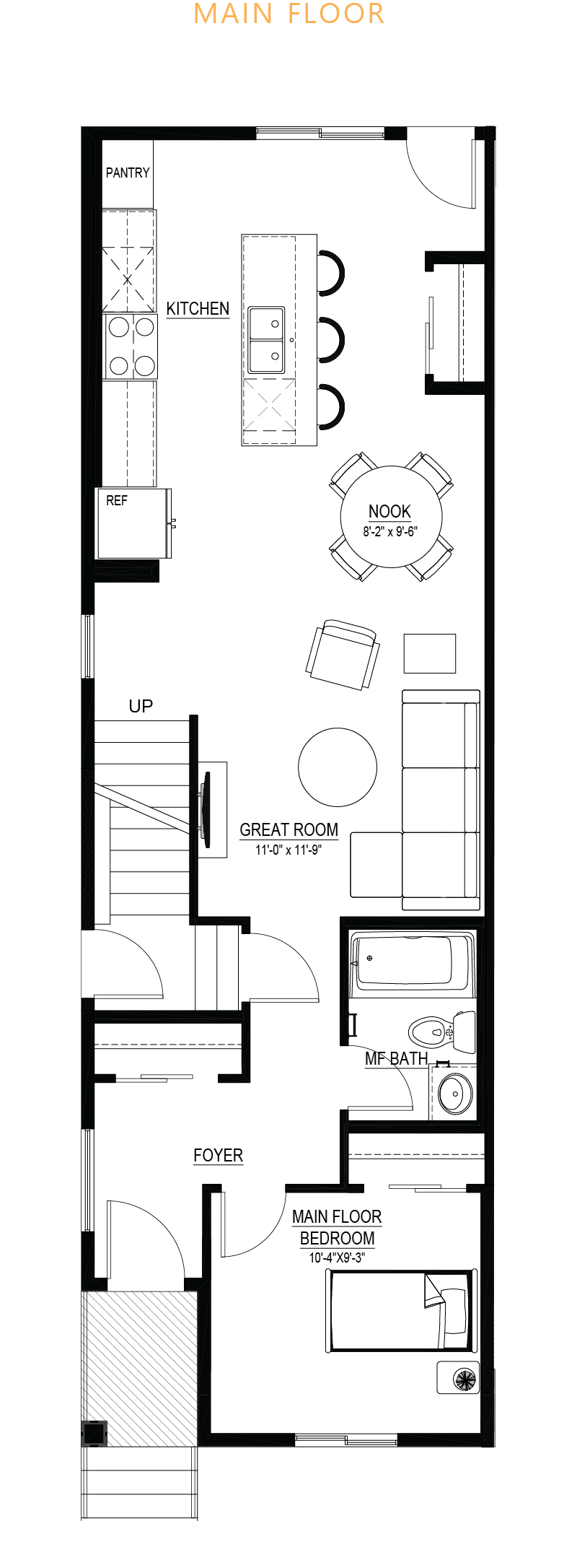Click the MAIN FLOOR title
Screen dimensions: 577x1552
[x=289, y=14]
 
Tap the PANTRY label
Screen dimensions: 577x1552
[x=128, y=173]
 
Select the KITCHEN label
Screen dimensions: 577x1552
[x=198, y=308]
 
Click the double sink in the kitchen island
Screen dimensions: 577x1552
[x=266, y=340]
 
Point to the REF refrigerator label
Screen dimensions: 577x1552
[x=117, y=500]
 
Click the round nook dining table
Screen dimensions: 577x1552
[x=391, y=517]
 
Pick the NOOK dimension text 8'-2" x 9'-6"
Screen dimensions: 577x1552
[x=390, y=532]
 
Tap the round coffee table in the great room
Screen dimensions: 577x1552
[x=338, y=767]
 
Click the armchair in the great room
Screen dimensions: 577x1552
[x=343, y=654]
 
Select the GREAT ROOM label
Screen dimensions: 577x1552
[x=288, y=830]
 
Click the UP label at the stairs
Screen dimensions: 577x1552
[x=141, y=706]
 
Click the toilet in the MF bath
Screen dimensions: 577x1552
[x=442, y=1032]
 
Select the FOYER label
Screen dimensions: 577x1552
[x=218, y=1156]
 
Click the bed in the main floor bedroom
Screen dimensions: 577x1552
[x=401, y=1310]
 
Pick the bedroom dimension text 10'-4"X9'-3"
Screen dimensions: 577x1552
[x=337, y=1257]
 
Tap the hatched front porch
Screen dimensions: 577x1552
[x=140, y=1369]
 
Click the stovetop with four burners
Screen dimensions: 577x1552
[x=131, y=346]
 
